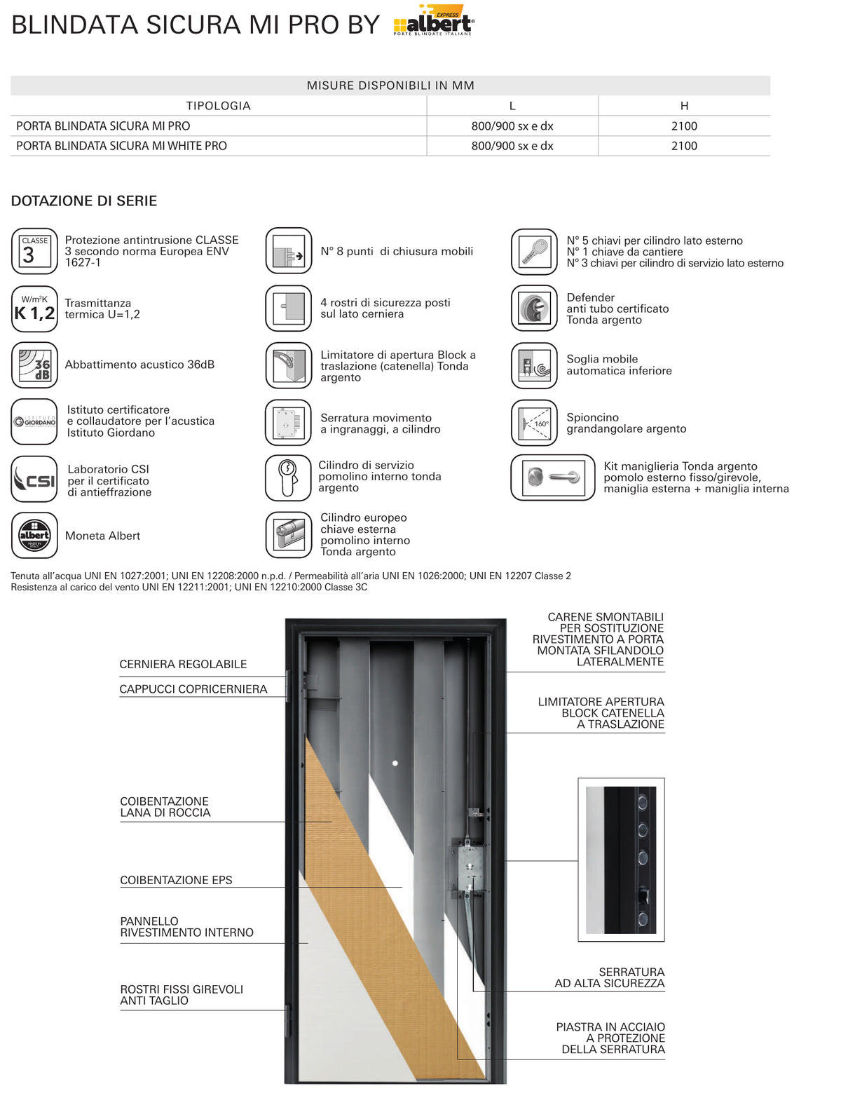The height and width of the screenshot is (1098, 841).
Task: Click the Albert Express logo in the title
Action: [x=433, y=20]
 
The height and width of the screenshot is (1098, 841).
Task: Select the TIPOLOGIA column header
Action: [x=218, y=106]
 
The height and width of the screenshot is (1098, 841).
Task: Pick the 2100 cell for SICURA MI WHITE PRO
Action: [x=684, y=146]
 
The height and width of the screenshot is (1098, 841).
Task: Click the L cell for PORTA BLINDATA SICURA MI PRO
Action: [x=512, y=126]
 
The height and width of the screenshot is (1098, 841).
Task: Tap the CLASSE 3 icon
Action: [x=35, y=251]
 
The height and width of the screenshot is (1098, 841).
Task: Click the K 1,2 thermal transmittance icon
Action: [x=35, y=309]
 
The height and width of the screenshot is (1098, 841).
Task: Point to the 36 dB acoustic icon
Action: [x=35, y=365]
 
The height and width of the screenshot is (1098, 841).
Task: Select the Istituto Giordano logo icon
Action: [x=35, y=421]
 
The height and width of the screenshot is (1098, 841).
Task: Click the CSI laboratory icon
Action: [x=35, y=479]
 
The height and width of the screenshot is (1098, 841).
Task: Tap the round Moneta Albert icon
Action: [x=35, y=535]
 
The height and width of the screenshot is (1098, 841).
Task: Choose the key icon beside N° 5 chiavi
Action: [x=534, y=252]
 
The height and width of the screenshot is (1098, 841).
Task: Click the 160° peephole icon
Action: [x=534, y=423]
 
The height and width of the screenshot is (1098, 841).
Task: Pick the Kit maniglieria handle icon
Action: [x=552, y=477]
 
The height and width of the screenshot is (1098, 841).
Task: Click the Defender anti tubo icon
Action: [x=534, y=309]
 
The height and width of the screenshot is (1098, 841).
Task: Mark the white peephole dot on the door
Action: [x=395, y=764]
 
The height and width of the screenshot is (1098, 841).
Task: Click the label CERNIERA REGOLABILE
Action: [x=183, y=665]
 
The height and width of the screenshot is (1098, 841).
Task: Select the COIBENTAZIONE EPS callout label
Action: [x=176, y=880]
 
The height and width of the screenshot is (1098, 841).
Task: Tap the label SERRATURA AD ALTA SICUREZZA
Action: [x=609, y=977]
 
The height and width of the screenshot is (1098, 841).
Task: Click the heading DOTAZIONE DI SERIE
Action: [x=84, y=201]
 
